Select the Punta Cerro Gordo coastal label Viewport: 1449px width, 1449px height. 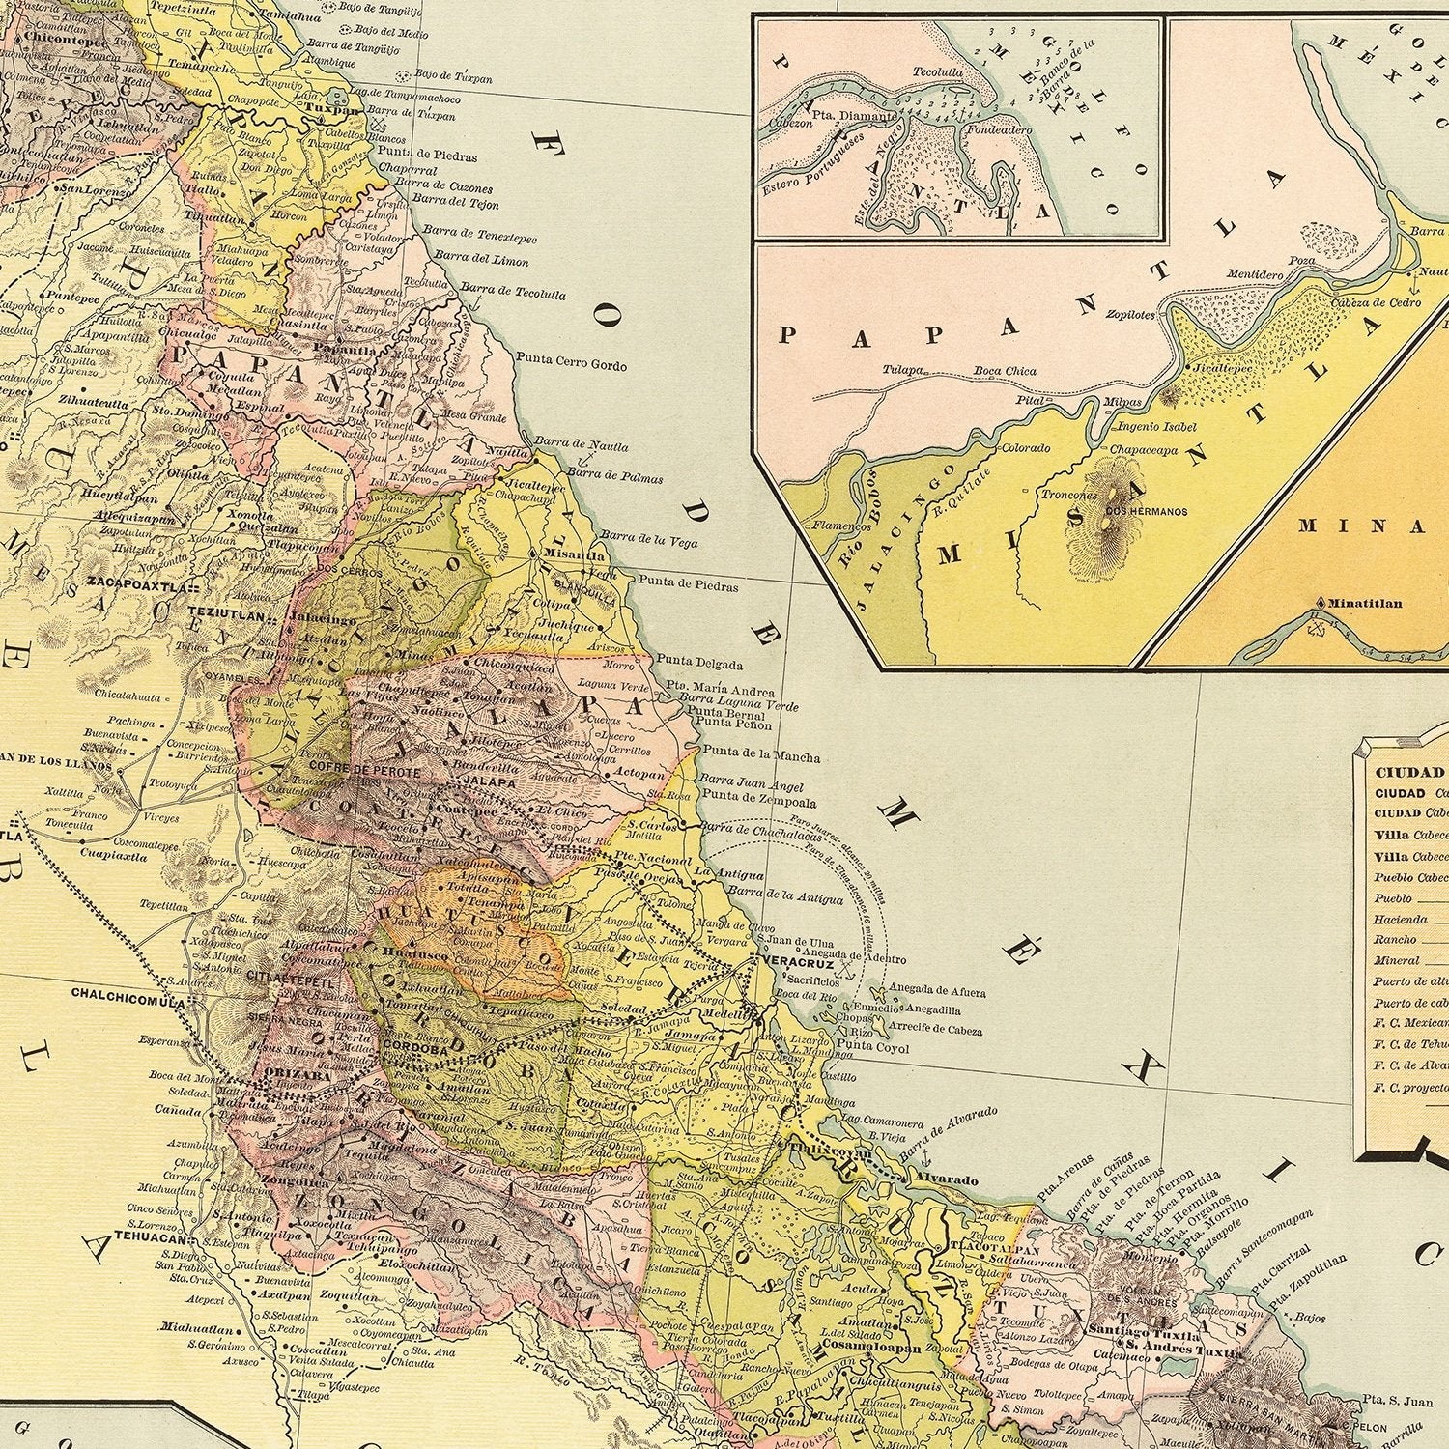pos(571,364)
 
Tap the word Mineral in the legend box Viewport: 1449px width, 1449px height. pos(1395,960)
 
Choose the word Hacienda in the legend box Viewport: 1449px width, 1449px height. pos(1401,919)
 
